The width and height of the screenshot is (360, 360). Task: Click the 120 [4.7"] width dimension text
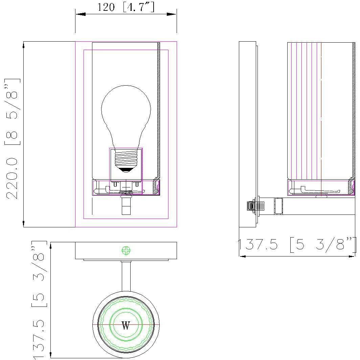coord(126,7)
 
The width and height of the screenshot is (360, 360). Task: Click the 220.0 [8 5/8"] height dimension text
coord(13,139)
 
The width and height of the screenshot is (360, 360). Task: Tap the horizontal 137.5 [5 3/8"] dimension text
coord(297,245)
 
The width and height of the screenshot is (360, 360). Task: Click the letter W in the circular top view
coord(126,326)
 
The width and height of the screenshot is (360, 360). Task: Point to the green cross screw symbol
coord(126,251)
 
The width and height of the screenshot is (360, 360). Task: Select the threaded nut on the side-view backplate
coord(251,206)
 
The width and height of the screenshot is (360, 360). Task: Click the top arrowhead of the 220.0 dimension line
coord(23,45)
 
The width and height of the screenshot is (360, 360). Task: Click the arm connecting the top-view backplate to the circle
coord(126,276)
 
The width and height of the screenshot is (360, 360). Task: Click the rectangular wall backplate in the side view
coord(247,134)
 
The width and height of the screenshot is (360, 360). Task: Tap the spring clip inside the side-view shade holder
coord(318,191)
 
